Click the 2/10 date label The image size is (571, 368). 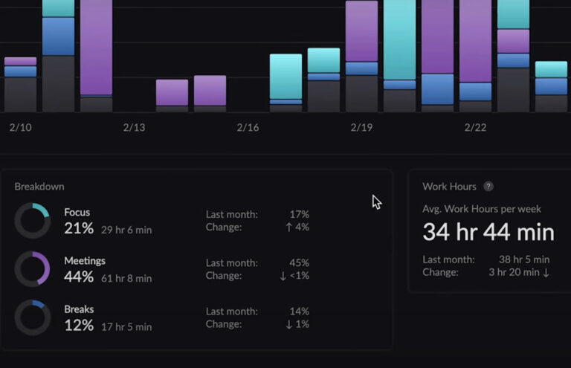point(20,128)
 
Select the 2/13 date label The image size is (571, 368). point(134,128)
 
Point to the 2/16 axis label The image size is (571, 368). point(248,128)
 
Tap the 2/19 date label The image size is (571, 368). point(361,128)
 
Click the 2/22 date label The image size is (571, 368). point(475,128)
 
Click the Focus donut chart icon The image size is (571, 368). point(33,221)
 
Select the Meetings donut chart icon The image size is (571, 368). point(33,269)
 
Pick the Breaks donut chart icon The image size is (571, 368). point(33,317)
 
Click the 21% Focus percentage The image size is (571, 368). point(79,229)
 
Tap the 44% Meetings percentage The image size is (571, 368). point(79,277)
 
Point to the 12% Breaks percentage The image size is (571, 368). point(79,326)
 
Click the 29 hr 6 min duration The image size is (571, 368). point(126,230)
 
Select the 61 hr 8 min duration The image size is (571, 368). point(126,279)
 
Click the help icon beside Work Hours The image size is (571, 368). point(488,187)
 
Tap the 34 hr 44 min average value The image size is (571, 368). point(488,233)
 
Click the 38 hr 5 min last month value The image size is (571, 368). point(524,259)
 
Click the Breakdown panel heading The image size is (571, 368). point(39,187)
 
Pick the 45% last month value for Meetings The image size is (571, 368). point(299,262)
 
